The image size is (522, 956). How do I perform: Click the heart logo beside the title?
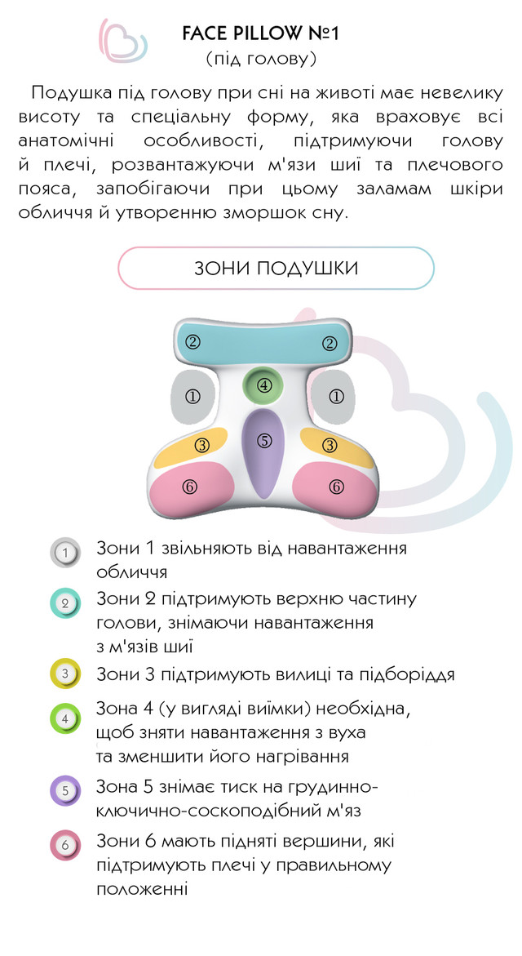[123, 41]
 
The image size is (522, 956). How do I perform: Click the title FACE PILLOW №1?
[261, 34]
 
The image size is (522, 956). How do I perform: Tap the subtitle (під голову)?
[261, 59]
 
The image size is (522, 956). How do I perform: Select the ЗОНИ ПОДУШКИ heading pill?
[276, 268]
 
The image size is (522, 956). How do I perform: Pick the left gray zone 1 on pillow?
[193, 397]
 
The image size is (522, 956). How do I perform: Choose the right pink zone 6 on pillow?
[336, 487]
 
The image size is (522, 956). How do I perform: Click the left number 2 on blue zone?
[192, 343]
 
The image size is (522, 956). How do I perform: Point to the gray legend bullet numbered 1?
[66, 553]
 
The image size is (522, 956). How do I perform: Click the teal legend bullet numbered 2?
[66, 604]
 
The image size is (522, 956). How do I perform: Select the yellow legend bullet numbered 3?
[66, 674]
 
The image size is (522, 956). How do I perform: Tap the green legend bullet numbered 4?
[66, 719]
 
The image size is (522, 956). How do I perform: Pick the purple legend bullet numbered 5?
[66, 790]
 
